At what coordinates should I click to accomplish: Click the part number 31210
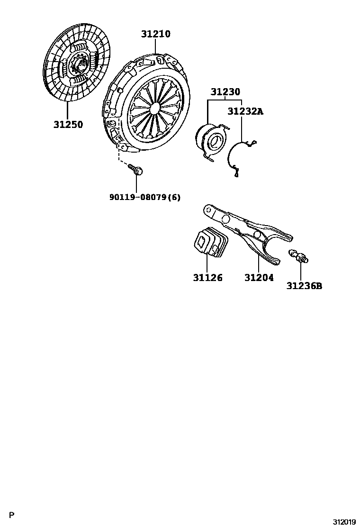155,34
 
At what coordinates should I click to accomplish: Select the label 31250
68,125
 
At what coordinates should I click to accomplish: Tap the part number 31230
225,92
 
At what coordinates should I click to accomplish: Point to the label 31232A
245,112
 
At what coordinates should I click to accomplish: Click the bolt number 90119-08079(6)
145,197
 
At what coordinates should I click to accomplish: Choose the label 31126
207,278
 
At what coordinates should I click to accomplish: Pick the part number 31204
259,278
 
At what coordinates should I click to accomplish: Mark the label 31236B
304,286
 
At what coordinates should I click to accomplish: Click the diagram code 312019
343,522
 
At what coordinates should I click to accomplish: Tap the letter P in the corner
13,515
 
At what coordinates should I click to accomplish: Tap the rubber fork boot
211,245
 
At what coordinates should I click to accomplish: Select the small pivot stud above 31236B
299,256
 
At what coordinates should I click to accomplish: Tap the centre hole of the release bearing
215,141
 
